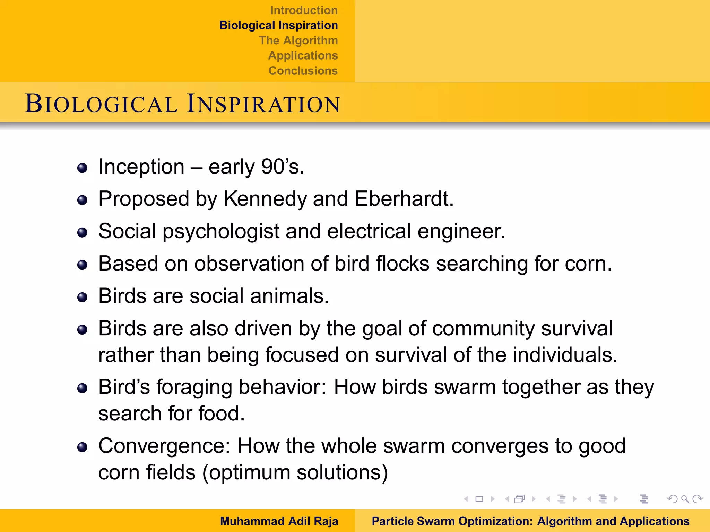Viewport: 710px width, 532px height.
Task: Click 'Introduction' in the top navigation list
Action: [x=304, y=10]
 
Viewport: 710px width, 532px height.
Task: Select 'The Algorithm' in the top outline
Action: [x=298, y=41]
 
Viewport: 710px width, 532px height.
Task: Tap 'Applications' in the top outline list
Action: [x=303, y=55]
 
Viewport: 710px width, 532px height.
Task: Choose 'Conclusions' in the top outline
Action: [x=303, y=71]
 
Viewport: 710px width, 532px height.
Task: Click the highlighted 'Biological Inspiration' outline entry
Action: [x=278, y=25]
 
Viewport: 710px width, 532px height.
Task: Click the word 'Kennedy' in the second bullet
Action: [x=265, y=199]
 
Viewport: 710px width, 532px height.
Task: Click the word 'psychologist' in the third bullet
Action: [x=221, y=231]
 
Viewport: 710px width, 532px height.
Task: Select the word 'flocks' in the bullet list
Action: [x=402, y=264]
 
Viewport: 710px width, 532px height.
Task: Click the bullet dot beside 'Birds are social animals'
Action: [x=82, y=297]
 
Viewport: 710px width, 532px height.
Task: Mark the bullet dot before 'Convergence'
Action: [x=82, y=447]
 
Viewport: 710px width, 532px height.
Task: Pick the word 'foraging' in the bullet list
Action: [x=194, y=387]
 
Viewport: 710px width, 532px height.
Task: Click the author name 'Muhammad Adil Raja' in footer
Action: [x=279, y=521]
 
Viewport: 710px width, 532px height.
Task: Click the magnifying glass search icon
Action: [x=685, y=499]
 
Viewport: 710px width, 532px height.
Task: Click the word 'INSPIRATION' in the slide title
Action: [x=263, y=104]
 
